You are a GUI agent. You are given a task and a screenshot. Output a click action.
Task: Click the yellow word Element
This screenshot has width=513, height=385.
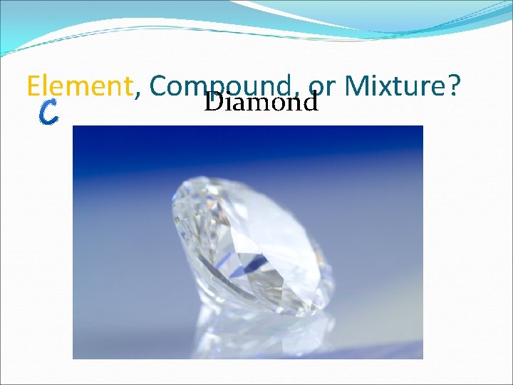(80, 87)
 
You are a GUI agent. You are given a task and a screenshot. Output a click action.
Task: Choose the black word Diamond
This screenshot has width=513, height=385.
(260, 103)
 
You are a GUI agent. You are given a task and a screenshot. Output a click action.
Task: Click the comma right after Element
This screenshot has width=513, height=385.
(137, 94)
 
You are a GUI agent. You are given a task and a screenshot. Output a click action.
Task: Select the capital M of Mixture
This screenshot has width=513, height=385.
(354, 87)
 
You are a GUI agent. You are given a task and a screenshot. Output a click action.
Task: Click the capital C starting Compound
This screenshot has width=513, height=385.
(159, 87)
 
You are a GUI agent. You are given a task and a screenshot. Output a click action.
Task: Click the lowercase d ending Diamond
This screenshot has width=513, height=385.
(309, 103)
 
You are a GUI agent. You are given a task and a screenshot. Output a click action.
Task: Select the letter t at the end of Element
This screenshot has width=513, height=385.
(128, 87)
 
